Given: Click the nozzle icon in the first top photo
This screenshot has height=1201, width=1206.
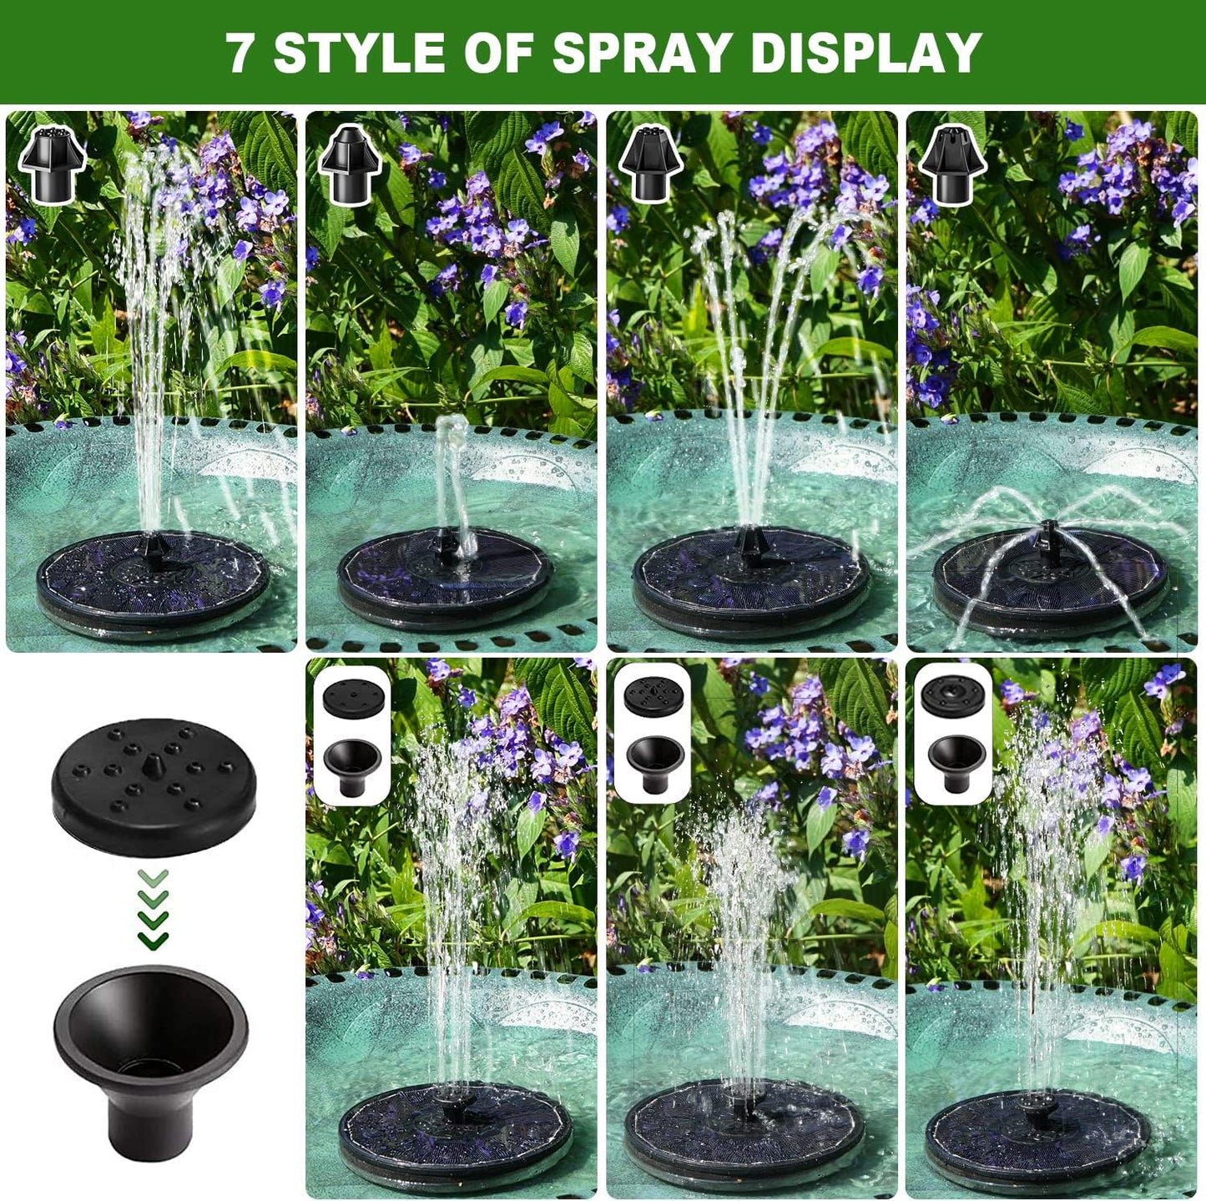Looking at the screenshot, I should point(53,165).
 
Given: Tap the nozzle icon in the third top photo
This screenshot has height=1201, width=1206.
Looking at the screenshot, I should point(651,165).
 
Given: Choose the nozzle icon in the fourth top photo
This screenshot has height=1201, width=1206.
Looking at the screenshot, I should point(952,165).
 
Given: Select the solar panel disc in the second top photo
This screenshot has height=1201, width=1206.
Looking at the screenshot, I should point(444,576).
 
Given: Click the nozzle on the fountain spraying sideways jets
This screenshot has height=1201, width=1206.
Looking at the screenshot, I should point(1048,534).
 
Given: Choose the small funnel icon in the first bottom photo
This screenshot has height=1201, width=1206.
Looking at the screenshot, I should point(352,764).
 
